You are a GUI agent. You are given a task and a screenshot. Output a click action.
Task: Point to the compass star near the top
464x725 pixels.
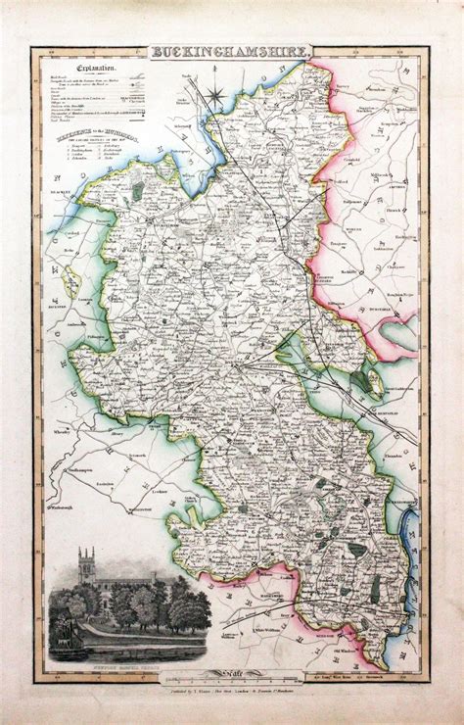coord(219,96)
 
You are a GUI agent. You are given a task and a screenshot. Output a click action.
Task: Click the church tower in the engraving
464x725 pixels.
coord(86,567)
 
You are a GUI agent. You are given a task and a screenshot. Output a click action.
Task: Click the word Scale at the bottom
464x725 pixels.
coord(233,669)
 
